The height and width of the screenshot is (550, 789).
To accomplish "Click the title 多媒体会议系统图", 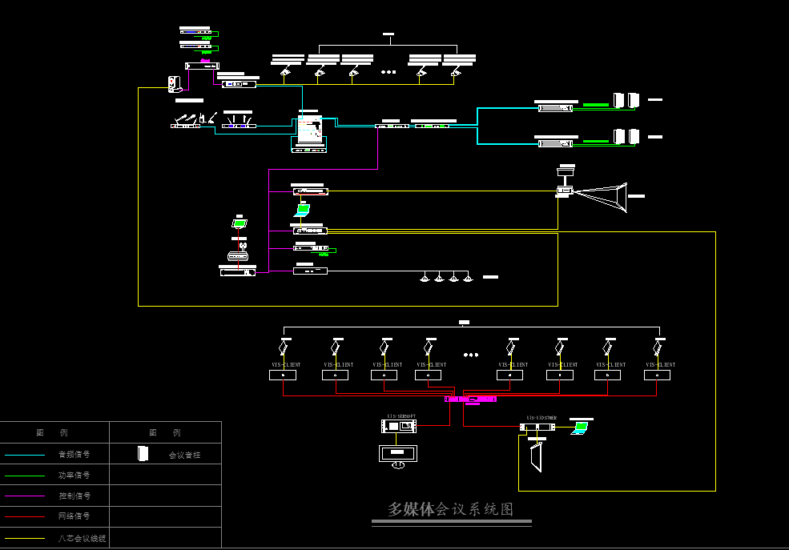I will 450,509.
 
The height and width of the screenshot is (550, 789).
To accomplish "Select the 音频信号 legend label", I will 74,454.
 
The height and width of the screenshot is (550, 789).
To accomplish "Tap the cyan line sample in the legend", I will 25,455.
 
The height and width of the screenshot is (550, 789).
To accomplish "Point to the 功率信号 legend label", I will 74,475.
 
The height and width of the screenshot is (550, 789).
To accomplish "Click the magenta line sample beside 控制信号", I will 25,496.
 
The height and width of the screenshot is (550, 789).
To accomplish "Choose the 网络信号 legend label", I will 74,516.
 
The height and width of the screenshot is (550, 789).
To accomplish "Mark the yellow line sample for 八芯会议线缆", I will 25,538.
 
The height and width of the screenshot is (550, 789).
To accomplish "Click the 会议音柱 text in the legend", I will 184,455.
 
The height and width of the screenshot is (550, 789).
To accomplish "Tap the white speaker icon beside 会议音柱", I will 143,454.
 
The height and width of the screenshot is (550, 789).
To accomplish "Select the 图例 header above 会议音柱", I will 165,432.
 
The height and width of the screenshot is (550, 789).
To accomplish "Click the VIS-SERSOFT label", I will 401,416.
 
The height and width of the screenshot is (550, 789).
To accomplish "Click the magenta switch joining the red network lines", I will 471,399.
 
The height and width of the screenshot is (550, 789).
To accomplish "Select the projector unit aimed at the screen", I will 565,191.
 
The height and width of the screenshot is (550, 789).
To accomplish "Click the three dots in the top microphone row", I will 388,72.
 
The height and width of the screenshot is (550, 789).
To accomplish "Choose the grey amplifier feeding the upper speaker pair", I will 556,107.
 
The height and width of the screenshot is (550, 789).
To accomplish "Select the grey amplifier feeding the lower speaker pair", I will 556,143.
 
